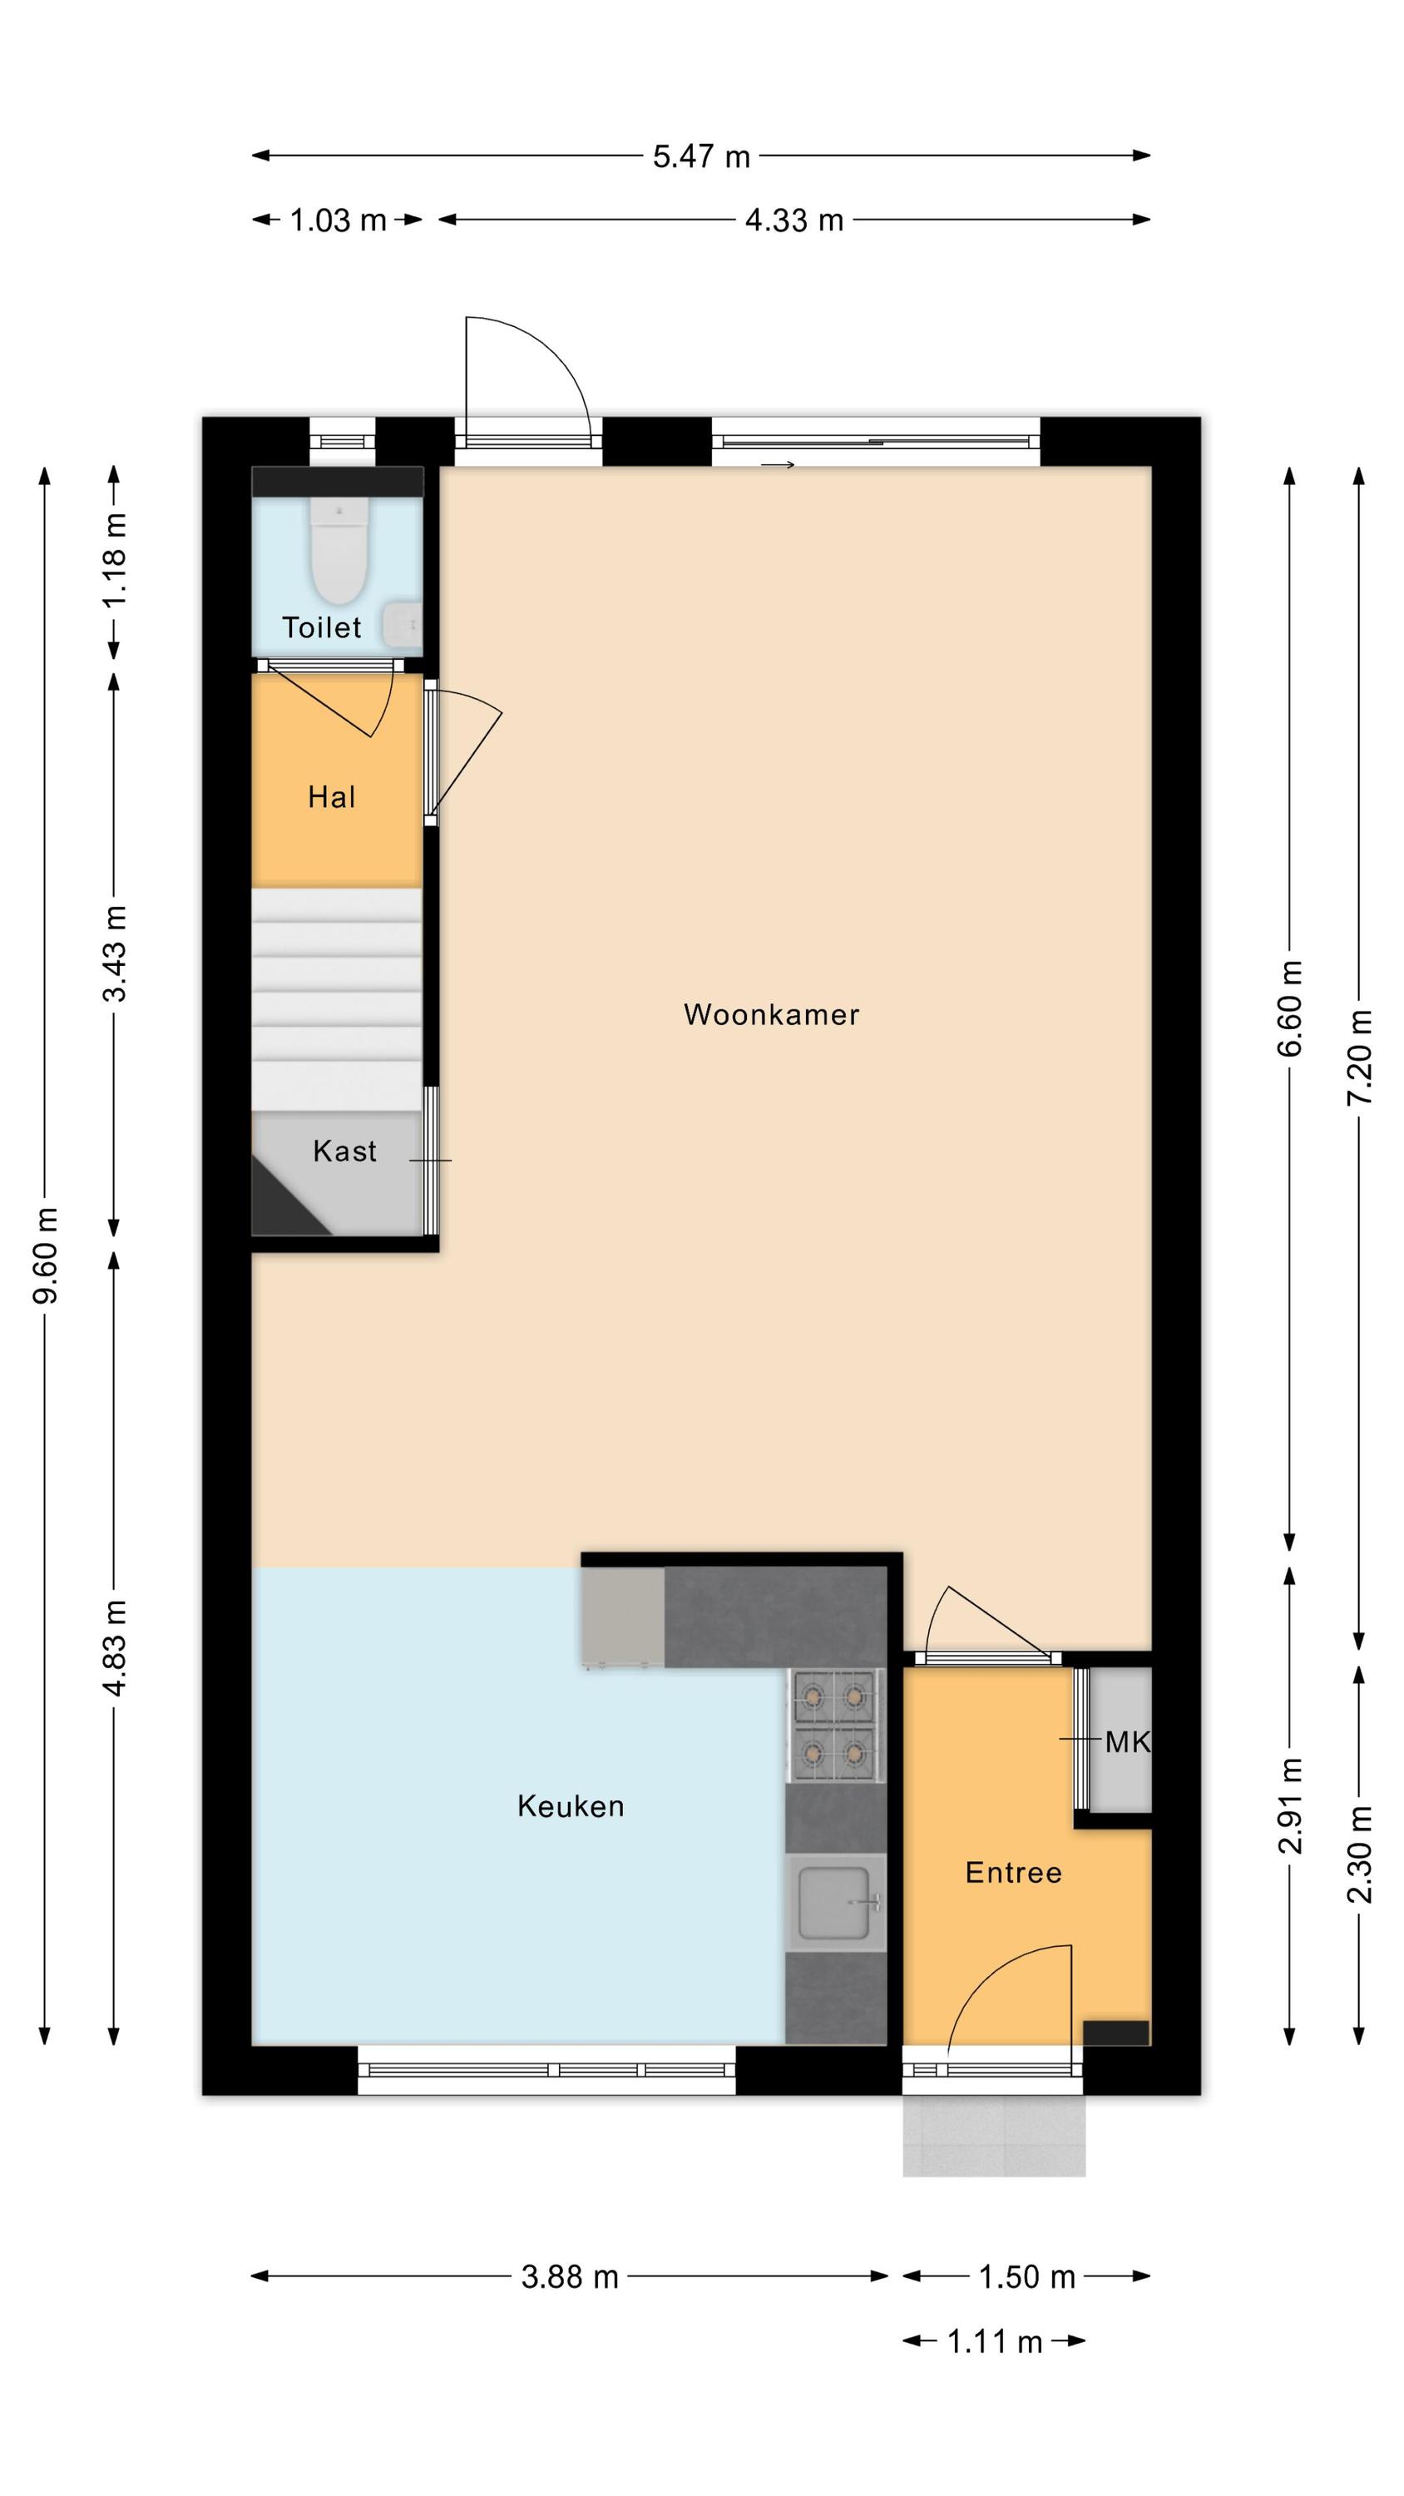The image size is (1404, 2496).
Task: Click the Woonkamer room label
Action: tap(771, 1014)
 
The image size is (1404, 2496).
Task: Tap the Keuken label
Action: tap(571, 1806)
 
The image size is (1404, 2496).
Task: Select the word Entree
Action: tap(1014, 1872)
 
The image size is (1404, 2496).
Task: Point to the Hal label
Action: tap(331, 797)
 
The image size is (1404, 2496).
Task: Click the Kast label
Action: tap(345, 1151)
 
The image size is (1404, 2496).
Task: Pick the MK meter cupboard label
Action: tap(1128, 1743)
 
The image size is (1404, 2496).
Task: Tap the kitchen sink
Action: tap(835, 1904)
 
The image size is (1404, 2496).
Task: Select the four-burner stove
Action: tap(834, 1726)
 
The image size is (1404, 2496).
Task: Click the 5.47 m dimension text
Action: tap(701, 157)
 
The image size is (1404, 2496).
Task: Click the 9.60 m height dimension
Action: tap(46, 1255)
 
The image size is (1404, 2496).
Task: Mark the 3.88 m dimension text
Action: tap(570, 2277)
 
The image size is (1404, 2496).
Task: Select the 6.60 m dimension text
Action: tap(1290, 1008)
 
